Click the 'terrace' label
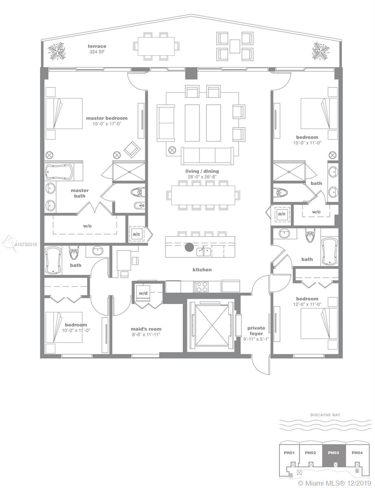click(97, 46)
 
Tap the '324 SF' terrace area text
click(97, 52)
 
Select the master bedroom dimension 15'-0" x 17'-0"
click(107, 124)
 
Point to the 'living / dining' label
click(202, 171)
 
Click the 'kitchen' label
click(202, 270)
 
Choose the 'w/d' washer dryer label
click(143, 293)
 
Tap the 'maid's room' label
click(146, 329)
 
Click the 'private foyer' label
click(256, 331)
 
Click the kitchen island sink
click(204, 252)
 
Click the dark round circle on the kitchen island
click(189, 247)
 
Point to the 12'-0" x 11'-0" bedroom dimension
click(307, 304)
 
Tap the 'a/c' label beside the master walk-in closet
click(136, 234)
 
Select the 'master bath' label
click(80, 193)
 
